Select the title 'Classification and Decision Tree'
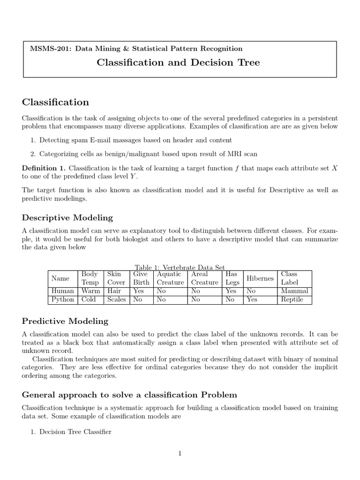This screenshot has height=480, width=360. coord(178,62)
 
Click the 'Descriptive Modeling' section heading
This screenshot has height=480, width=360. coord(67,217)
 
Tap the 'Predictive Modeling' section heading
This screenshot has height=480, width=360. coord(65,321)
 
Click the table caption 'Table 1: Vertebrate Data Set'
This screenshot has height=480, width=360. coord(180,267)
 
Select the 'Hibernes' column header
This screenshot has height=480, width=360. coord(260,278)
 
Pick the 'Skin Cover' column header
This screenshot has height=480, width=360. coord(116,278)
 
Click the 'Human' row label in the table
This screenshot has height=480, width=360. coord(62,291)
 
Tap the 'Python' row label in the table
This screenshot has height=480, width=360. coord(62,300)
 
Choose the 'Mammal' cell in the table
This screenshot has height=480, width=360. coord(294,291)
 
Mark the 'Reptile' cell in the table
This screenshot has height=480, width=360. coord(292,300)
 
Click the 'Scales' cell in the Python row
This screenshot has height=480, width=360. coord(116,300)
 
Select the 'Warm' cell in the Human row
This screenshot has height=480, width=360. coord(90,291)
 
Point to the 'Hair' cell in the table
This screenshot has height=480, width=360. coord(114,291)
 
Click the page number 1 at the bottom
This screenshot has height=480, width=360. coord(180,453)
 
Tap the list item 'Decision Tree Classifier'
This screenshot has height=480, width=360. coord(75,432)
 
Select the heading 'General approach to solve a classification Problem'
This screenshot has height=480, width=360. coord(129,394)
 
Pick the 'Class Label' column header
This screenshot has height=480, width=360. coord(289,278)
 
